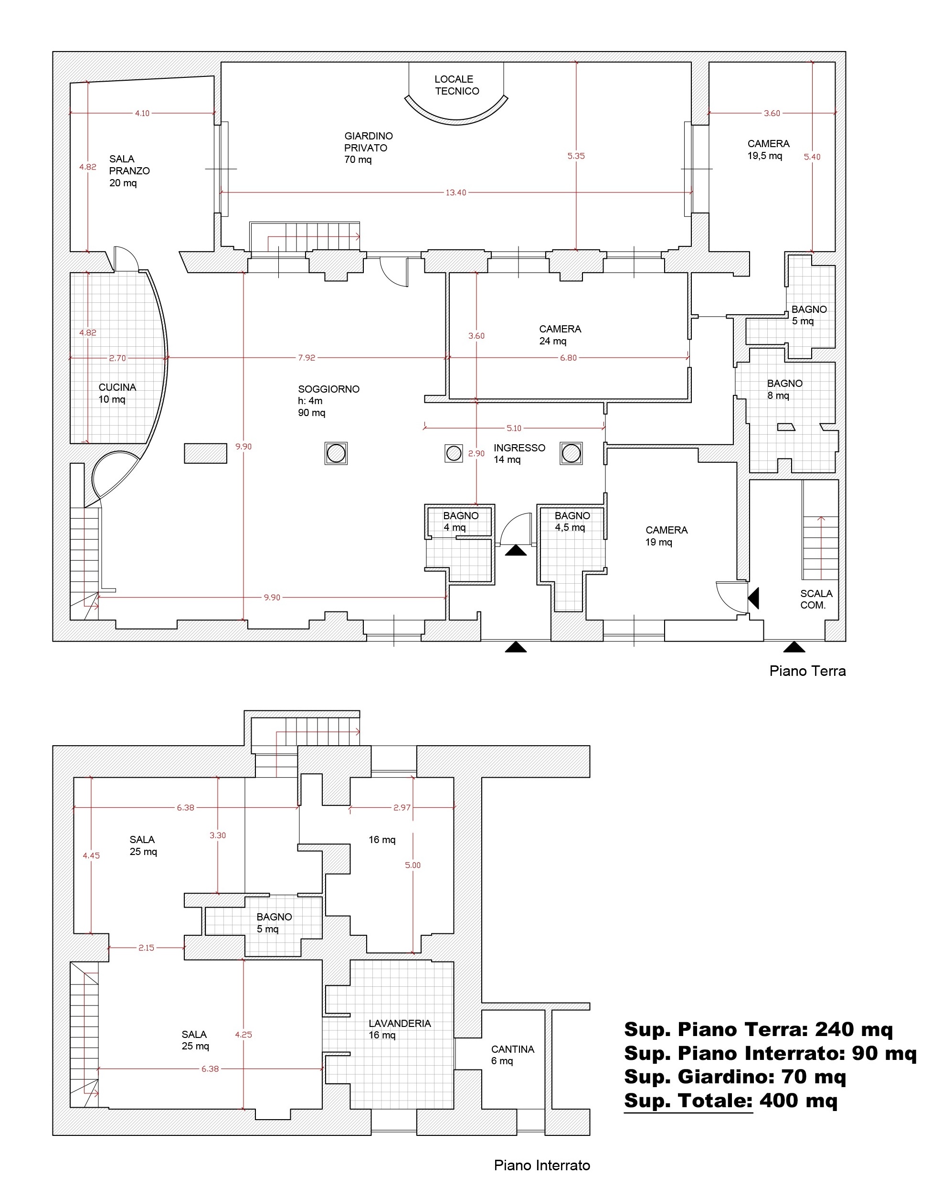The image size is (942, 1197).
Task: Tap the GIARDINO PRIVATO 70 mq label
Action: (369, 148)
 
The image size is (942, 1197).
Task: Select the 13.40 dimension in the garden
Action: (456, 192)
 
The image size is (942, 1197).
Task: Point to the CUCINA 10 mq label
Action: (117, 393)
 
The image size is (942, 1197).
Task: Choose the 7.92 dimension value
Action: (307, 357)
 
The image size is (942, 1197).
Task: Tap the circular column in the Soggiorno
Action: (336, 453)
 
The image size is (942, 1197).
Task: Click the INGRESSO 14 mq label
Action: (519, 453)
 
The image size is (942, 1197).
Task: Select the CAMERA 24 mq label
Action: (560, 335)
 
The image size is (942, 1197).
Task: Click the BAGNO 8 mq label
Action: (784, 389)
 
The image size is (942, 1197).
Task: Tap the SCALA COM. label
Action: (816, 599)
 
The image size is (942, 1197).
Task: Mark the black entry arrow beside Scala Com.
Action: (754, 598)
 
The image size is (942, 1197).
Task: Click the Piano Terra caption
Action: (807, 671)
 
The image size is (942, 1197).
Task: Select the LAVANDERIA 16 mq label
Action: (399, 1029)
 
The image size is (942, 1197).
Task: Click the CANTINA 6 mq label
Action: (512, 1055)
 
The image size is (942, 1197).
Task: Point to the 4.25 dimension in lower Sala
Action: (243, 1034)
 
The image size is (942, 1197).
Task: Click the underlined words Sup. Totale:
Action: (688, 1101)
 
